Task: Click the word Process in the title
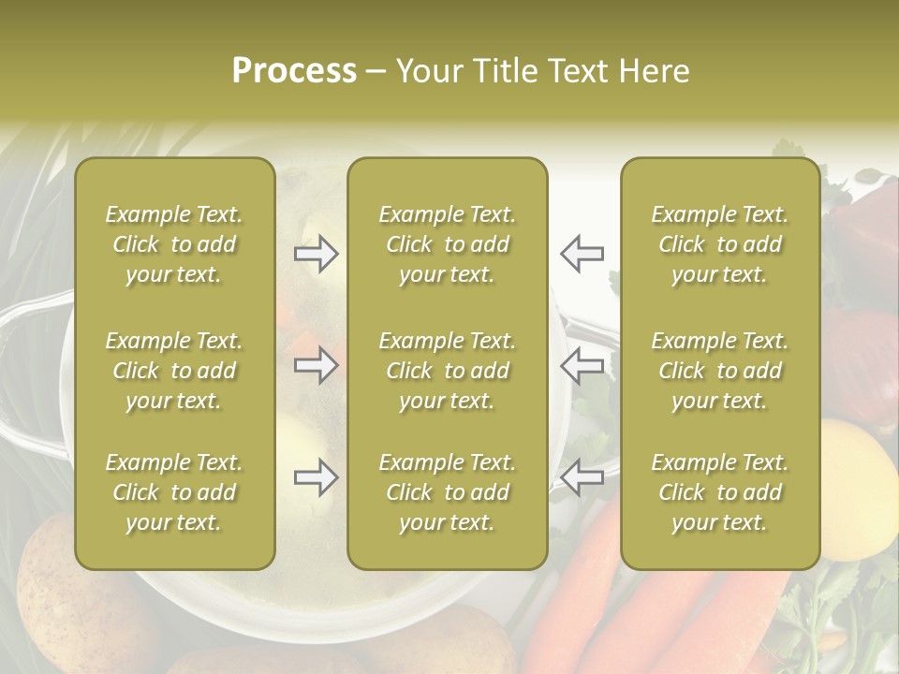coord(294,71)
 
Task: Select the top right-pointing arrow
coord(316,253)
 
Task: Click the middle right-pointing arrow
coord(316,365)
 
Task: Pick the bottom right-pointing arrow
coord(316,477)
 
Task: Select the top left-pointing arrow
coord(582,253)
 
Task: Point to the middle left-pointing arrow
coord(582,365)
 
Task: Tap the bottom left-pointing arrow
coord(582,477)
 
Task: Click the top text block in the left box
coord(174,244)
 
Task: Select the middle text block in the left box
coord(174,371)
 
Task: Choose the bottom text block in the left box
coord(174,492)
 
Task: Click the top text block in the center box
coord(447,244)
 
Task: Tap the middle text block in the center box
coord(447,371)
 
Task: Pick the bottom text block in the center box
coord(447,492)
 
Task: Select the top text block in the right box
coord(719,244)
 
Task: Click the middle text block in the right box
coord(719,371)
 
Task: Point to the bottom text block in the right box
coord(719,492)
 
